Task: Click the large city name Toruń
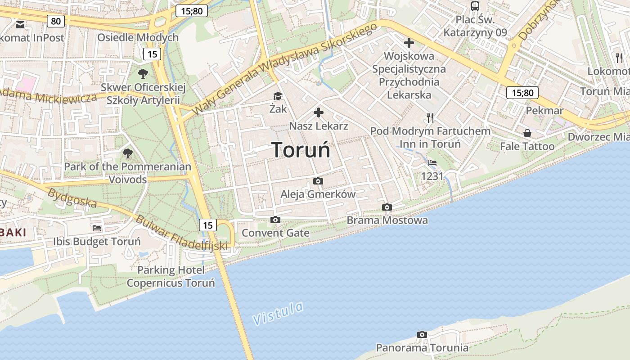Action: point(301,150)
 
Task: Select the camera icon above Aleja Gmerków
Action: point(318,181)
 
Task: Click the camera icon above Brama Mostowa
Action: point(387,207)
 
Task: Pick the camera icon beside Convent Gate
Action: point(275,220)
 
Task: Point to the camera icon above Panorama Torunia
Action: point(422,334)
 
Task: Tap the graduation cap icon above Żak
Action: point(278,96)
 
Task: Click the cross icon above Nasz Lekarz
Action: point(319,112)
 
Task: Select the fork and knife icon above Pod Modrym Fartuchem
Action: point(430,118)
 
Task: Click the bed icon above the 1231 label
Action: point(432,163)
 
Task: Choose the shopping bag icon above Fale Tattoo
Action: point(527,133)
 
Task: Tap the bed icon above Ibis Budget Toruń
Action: point(97,228)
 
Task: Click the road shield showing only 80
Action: point(56,21)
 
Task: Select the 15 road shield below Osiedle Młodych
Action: point(152,54)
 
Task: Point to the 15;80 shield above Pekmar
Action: point(522,93)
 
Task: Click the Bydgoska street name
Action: point(72,198)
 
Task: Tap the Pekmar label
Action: point(544,111)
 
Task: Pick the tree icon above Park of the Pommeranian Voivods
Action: point(128,153)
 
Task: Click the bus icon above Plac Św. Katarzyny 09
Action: point(475,6)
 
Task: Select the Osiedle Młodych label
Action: point(138,37)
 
